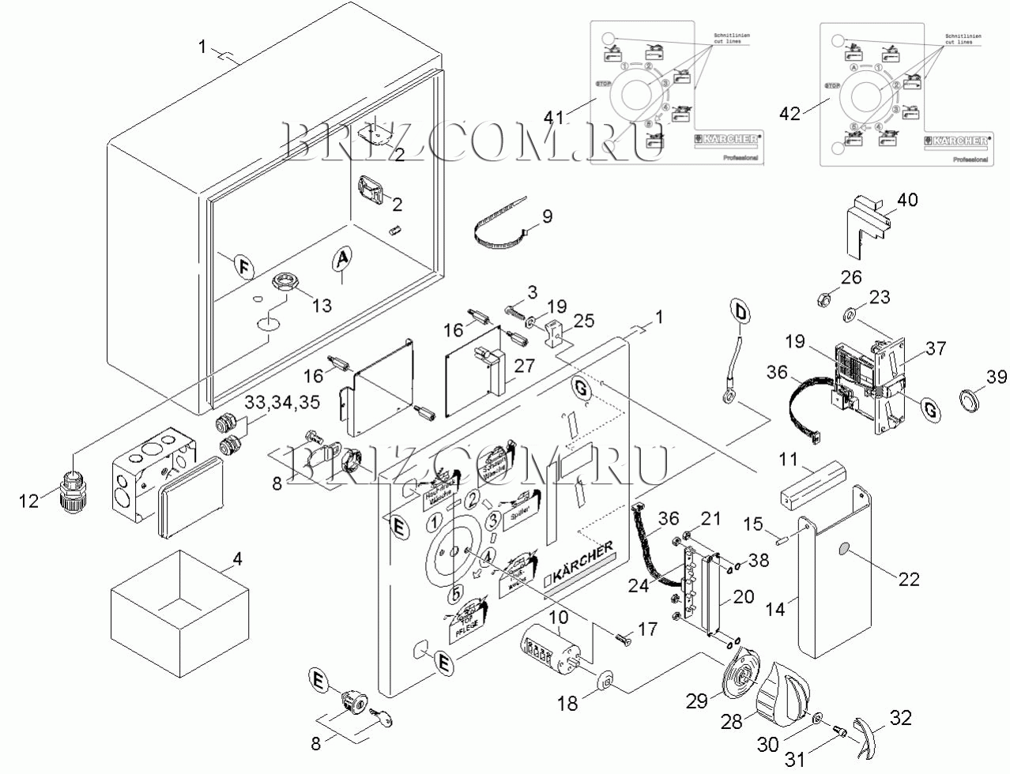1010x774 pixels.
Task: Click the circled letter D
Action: click(740, 312)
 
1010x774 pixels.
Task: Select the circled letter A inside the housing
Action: click(341, 257)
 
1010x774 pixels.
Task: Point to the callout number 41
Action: click(555, 118)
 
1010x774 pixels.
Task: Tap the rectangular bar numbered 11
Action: click(812, 484)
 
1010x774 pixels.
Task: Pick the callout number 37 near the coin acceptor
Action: click(937, 348)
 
